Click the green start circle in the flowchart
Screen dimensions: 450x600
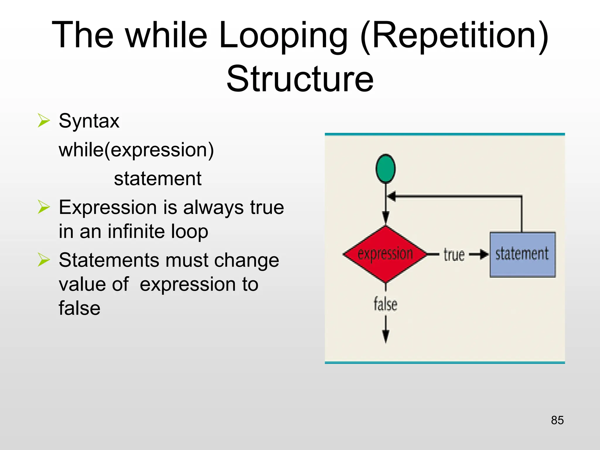coord(386,169)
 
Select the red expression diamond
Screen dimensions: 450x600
coord(386,254)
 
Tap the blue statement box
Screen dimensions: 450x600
coord(522,254)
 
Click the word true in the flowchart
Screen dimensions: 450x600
coord(454,255)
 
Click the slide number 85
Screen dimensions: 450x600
coord(557,420)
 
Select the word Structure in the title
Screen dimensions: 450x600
coord(300,79)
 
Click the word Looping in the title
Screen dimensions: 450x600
coord(283,35)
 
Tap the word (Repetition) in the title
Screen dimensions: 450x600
coord(454,35)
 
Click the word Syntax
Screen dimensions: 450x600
coord(89,121)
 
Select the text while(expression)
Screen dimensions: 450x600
coord(136,150)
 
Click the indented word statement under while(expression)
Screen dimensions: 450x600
coord(158,178)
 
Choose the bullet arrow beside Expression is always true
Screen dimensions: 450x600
coord(44,207)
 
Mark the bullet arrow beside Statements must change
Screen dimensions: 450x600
coord(44,260)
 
